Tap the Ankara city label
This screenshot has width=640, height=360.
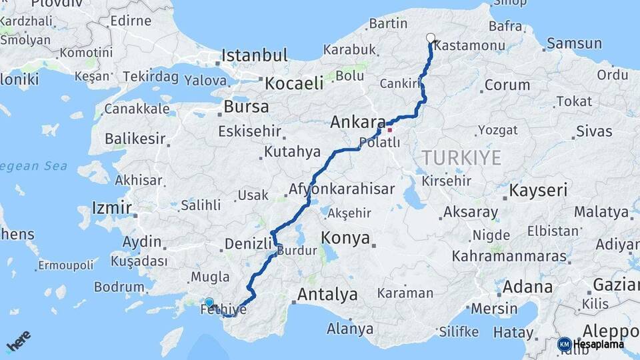[357, 123]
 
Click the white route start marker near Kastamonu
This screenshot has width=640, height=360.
[431, 39]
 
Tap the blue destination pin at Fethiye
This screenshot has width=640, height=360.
[209, 303]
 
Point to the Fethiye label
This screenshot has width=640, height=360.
[223, 310]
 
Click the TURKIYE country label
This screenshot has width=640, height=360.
[461, 158]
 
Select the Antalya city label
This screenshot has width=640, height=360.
[327, 294]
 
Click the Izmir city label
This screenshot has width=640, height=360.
[112, 207]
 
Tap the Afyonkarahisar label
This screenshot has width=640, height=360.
[341, 189]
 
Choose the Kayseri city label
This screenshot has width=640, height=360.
[538, 191]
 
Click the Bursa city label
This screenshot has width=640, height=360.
[246, 107]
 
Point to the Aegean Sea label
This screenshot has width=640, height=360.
[33, 166]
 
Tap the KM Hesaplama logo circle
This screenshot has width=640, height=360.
[564, 344]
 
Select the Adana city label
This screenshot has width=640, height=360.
[528, 287]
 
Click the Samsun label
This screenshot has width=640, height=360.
[574, 44]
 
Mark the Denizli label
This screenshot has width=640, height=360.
[248, 244]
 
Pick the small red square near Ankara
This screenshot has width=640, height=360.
[390, 130]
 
